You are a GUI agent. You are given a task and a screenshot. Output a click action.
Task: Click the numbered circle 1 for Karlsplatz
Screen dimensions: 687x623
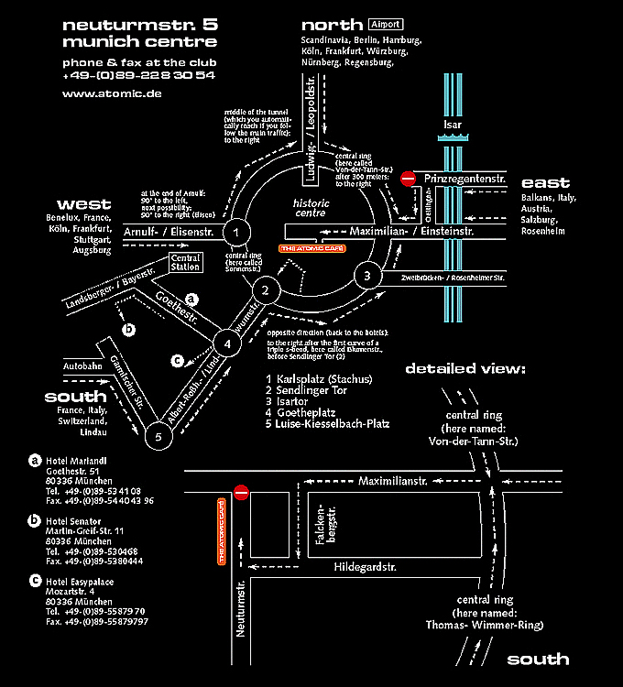(236, 233)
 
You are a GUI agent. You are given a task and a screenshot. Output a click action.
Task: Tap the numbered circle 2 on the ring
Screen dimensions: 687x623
(266, 291)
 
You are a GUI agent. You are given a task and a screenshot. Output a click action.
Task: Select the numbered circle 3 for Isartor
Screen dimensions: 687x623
(366, 276)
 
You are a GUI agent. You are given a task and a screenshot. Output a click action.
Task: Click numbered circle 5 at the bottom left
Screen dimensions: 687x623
(158, 437)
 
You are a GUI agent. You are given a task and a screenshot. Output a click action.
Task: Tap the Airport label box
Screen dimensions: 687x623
(385, 24)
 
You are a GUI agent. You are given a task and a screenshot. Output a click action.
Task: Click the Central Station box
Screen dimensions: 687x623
(186, 264)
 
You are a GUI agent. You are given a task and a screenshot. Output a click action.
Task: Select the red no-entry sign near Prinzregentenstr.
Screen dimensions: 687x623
(408, 180)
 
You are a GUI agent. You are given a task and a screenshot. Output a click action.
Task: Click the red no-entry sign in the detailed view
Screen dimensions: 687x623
(242, 493)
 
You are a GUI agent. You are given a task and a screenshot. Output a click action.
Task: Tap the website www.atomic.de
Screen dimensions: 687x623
(112, 93)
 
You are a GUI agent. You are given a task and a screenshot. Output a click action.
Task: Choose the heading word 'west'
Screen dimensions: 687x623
(83, 203)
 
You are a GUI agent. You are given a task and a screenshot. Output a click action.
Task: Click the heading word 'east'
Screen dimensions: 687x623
(545, 182)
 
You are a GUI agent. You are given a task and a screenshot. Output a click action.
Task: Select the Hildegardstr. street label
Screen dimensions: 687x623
(364, 567)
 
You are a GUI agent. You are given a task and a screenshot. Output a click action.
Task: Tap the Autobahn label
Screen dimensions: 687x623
(82, 366)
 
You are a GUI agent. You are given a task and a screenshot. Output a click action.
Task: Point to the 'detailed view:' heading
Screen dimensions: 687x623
(465, 369)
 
